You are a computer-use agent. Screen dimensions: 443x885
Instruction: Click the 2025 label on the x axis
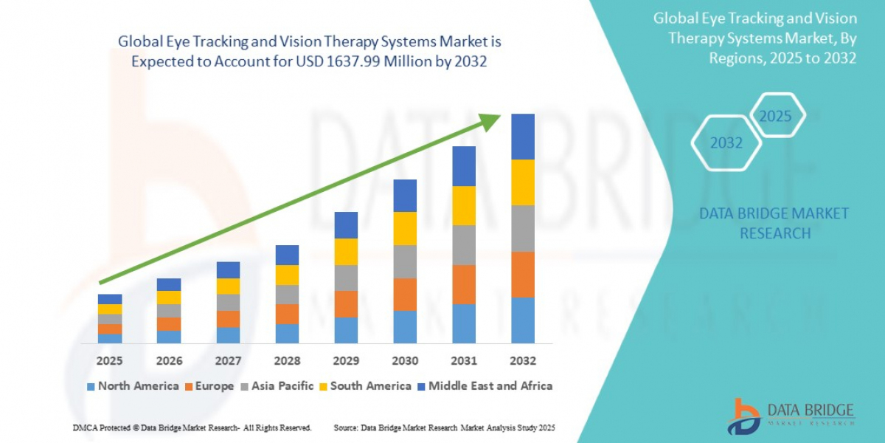(110, 361)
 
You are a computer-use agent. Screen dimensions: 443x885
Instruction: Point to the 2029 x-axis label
(346, 361)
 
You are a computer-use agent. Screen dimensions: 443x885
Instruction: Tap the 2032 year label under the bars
(523, 361)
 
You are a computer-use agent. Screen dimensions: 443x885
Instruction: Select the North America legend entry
(133, 386)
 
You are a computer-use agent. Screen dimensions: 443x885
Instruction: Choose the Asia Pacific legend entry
(277, 386)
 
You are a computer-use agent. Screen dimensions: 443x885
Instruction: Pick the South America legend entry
(365, 386)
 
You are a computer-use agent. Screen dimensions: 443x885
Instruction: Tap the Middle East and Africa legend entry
(485, 386)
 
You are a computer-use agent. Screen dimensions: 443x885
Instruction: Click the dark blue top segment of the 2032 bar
(523, 137)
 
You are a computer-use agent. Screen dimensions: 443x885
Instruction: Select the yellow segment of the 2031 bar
(464, 205)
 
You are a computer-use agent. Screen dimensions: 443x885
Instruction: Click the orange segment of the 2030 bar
(405, 294)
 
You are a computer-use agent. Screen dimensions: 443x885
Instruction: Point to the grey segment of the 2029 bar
(346, 278)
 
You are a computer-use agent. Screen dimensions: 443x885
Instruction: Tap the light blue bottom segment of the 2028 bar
(287, 334)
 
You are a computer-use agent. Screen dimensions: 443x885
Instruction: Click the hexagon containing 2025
(775, 117)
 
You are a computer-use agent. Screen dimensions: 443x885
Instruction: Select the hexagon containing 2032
(726, 143)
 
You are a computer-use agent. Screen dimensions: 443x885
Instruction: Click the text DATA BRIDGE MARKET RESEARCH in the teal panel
(774, 223)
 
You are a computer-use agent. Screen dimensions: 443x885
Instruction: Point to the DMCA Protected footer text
(192, 428)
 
